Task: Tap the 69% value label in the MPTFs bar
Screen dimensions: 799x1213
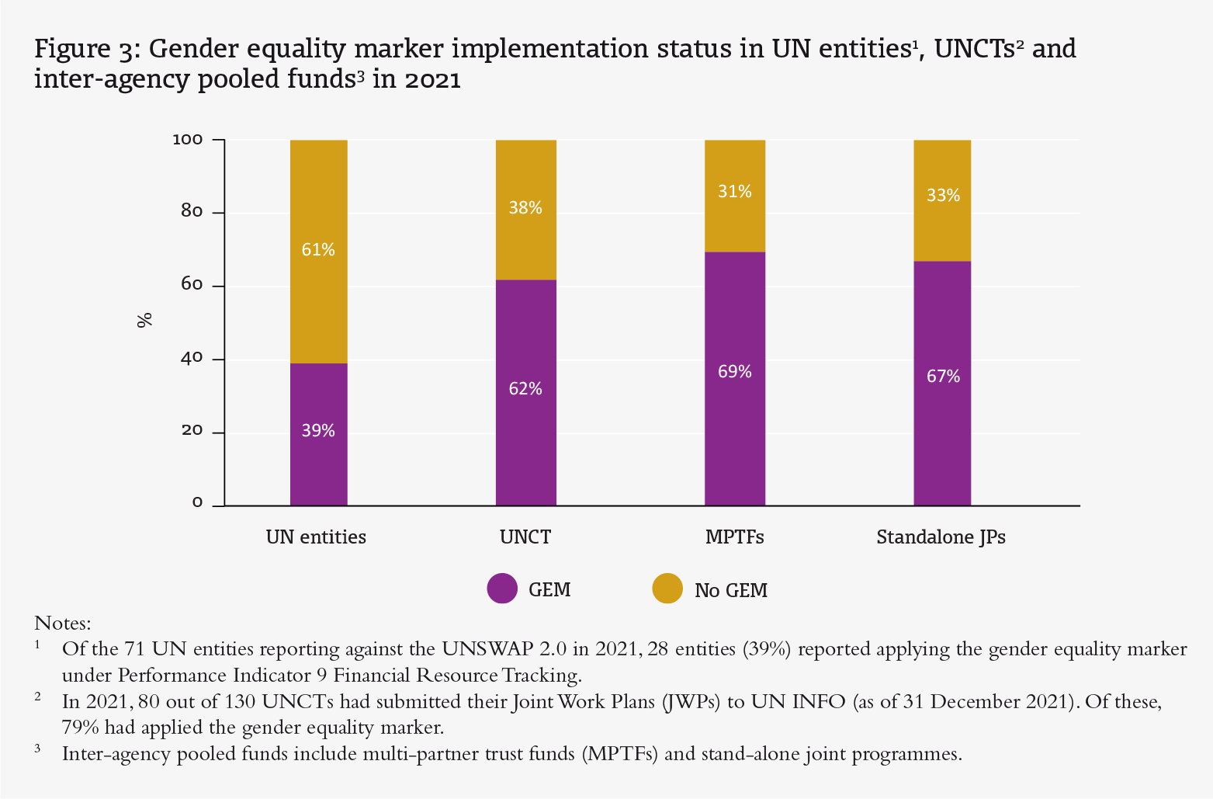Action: [x=734, y=372]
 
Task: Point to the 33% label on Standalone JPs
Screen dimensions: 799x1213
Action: [x=943, y=196]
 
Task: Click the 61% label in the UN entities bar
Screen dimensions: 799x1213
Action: [x=318, y=249]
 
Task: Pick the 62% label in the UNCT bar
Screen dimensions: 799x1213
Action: [x=525, y=389]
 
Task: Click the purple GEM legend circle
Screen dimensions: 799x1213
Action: [x=502, y=589]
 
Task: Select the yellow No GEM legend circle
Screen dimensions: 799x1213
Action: [x=667, y=589]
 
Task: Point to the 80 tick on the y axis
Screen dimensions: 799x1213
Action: [x=192, y=212]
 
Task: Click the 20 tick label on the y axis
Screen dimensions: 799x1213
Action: [x=192, y=431]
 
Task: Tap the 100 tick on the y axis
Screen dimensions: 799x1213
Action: [x=187, y=140]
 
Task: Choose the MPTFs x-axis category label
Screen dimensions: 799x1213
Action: [x=734, y=537]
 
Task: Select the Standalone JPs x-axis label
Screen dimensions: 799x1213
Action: [x=941, y=537]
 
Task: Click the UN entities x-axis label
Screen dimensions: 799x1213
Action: [x=316, y=537]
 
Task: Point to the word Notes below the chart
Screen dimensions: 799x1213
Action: [x=63, y=624]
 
